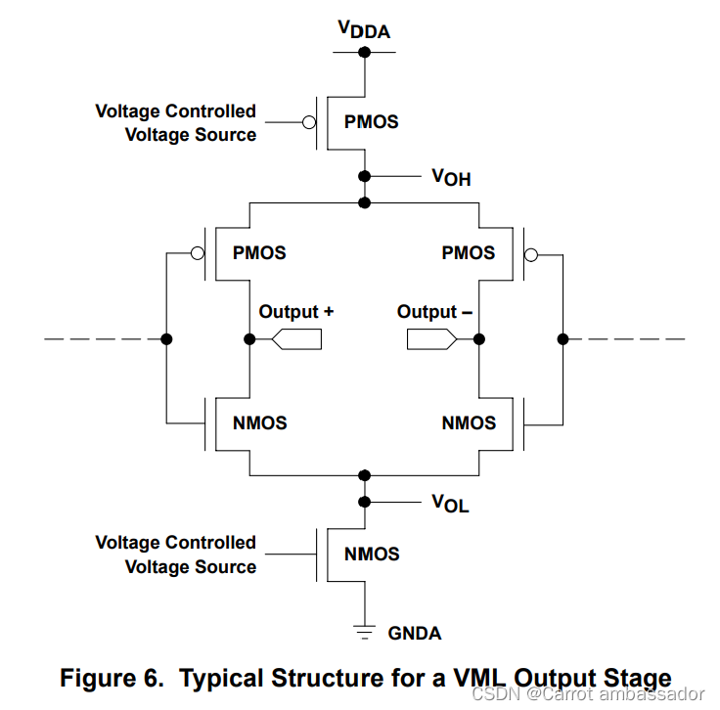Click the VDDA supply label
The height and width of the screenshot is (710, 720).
tap(364, 29)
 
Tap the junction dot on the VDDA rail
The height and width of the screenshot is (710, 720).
tap(365, 52)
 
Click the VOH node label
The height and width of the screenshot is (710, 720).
tap(451, 177)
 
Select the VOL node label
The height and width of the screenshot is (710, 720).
tap(450, 503)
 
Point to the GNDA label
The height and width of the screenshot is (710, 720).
tap(415, 634)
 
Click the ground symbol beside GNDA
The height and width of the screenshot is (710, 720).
tap(365, 632)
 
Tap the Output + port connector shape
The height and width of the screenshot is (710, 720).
tap(296, 339)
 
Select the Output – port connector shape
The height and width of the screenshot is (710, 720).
tap(432, 339)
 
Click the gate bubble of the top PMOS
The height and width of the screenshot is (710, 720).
tap(309, 122)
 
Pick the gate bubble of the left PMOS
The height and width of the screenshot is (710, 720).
tap(198, 253)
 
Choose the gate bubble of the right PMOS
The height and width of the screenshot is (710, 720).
tap(531, 254)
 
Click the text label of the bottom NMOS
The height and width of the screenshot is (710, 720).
tap(372, 554)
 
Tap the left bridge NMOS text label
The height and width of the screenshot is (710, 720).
tap(260, 423)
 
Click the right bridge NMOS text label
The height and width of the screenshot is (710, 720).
tap(469, 423)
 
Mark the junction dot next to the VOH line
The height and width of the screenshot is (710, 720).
tap(365, 176)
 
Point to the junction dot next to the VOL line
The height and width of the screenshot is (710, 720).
tap(365, 502)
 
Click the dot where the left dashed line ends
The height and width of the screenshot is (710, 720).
tap(166, 339)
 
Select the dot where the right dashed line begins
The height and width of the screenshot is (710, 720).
tap(562, 339)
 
